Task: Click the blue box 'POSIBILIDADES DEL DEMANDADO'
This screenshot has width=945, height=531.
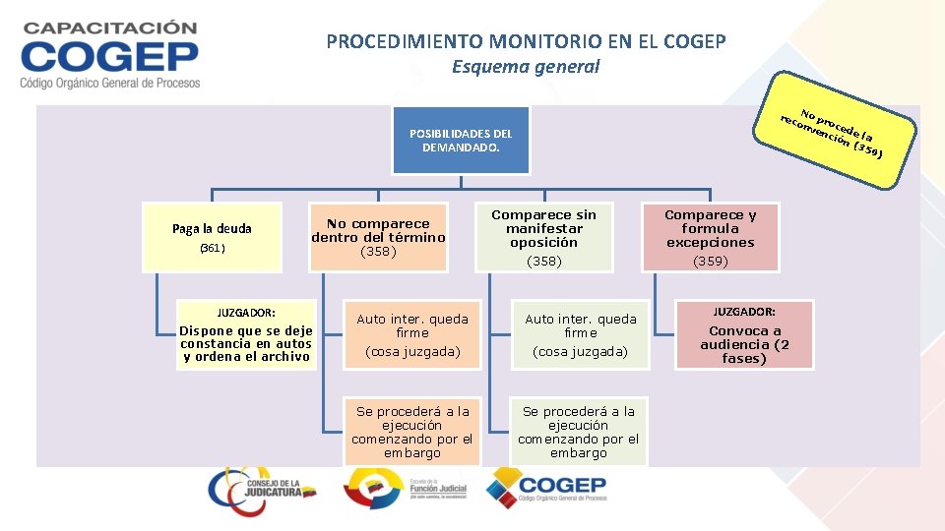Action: tap(461, 140)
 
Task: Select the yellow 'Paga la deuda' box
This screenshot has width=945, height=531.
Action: tap(212, 237)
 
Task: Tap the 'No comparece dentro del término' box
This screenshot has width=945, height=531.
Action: tap(378, 237)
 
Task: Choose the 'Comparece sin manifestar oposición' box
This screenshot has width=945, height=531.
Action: tap(543, 237)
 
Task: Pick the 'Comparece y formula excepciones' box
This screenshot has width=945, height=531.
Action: tap(710, 237)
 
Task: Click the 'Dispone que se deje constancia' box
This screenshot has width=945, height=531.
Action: tap(246, 334)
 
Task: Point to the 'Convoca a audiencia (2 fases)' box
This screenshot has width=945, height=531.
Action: tap(744, 335)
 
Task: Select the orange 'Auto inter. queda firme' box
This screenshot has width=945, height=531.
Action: tap(411, 334)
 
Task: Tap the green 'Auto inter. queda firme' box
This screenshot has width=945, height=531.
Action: tap(580, 334)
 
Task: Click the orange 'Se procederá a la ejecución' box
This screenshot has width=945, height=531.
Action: tap(411, 432)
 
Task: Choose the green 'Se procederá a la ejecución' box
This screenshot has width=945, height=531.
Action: tap(579, 432)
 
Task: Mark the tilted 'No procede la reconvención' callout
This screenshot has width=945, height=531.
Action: tap(836, 132)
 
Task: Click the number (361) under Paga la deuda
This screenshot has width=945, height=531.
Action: tap(212, 249)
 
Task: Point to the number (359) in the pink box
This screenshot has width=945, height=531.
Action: tap(710, 262)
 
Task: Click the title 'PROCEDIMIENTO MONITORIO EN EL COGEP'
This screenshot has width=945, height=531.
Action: tap(526, 41)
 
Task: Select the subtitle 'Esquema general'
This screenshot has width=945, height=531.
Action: tap(525, 67)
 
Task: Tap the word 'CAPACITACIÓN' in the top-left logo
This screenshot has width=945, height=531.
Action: tap(110, 28)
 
